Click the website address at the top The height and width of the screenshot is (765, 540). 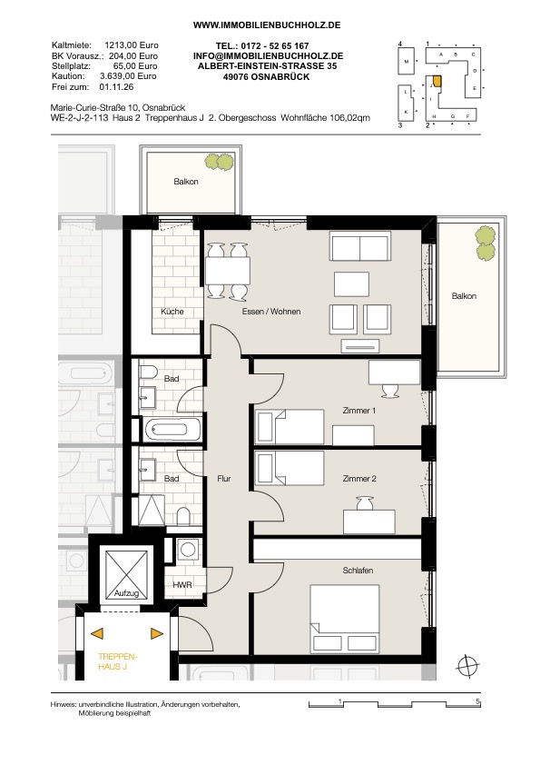click(x=267, y=25)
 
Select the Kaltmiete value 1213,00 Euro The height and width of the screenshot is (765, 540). click(x=132, y=45)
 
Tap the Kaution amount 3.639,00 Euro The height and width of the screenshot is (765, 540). click(x=128, y=76)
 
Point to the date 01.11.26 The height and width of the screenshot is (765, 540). click(x=116, y=87)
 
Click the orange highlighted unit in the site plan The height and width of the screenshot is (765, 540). click(x=437, y=81)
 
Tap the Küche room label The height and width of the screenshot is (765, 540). click(x=172, y=312)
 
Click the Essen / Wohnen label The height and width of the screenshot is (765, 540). click(x=271, y=312)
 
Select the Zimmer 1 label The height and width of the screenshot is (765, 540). click(x=359, y=411)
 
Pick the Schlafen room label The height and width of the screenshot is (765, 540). click(x=358, y=571)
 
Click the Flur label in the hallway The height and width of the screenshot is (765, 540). click(x=224, y=479)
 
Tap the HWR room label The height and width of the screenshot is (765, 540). click(x=182, y=584)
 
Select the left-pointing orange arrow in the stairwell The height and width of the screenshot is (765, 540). click(x=97, y=633)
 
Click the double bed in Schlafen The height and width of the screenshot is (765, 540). click(x=345, y=619)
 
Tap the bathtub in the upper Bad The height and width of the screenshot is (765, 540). click(x=172, y=430)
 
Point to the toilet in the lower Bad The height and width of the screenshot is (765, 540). click(x=183, y=516)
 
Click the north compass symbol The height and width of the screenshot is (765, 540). click(x=468, y=665)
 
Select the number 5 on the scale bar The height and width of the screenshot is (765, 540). click(x=478, y=701)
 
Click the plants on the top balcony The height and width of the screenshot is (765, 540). click(x=220, y=162)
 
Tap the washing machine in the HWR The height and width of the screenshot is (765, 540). click(x=188, y=550)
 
